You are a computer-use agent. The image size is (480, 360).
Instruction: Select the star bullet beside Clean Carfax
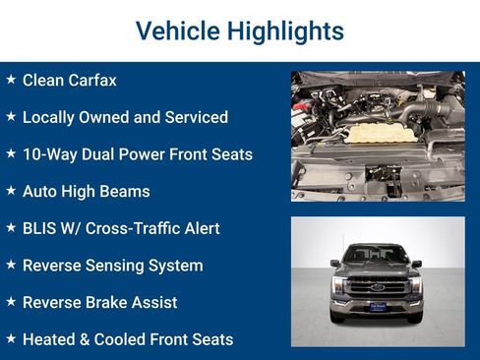point(11,79)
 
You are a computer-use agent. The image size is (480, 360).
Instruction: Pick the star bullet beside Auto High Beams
point(11,190)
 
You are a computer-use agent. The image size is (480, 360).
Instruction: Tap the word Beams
point(127,191)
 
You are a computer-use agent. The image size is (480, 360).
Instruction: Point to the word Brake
point(110,302)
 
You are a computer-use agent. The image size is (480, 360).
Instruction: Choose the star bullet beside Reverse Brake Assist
point(11,301)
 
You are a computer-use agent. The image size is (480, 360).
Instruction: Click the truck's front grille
point(377,287)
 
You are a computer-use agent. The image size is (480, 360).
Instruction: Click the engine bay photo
point(378,136)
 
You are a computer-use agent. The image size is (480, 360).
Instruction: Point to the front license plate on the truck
point(377,306)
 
